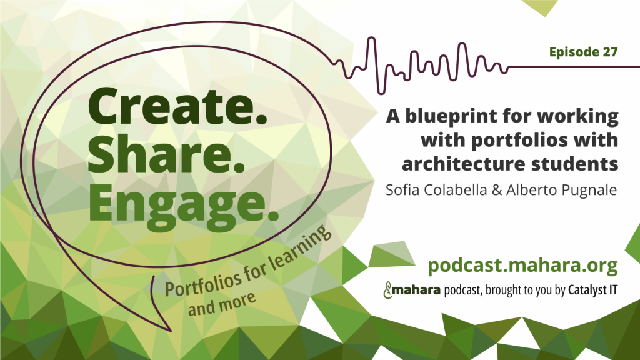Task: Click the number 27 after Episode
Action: tap(610, 52)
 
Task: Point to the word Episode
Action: tap(574, 52)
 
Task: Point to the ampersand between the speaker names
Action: tap(497, 190)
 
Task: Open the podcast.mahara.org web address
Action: tap(523, 266)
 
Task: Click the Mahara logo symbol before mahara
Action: tap(387, 290)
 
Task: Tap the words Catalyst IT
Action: tap(592, 290)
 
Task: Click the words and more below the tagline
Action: tap(222, 304)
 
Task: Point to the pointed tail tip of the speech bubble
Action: tap(171, 331)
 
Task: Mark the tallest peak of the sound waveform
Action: tap(371, 38)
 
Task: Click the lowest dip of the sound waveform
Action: tap(381, 94)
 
